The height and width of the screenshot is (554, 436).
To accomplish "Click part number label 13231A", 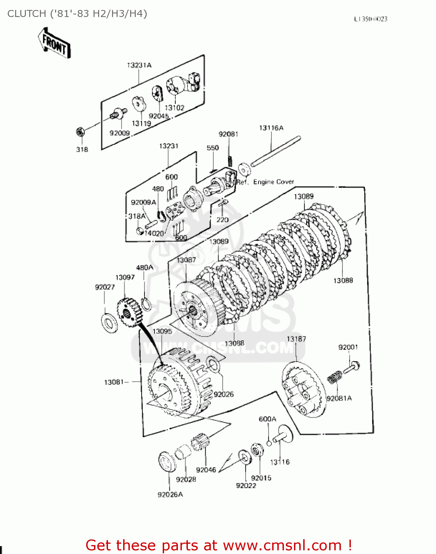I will point(139,65).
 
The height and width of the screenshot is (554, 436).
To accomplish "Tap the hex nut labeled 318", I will point(80,131).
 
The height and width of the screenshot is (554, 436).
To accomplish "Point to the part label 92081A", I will point(339,399).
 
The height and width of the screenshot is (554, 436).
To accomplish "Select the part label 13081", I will point(114,382).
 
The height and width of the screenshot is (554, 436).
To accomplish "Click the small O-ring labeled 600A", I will point(269,443).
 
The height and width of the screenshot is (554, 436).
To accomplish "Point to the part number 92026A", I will point(170,495).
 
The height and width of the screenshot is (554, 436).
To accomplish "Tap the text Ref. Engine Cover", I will point(265,182).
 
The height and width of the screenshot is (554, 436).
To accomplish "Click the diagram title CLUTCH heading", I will point(77,14).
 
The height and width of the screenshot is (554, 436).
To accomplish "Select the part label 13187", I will point(296,339).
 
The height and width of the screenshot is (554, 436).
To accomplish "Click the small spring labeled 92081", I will point(230,161).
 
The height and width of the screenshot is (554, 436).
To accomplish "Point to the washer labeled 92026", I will point(212,364).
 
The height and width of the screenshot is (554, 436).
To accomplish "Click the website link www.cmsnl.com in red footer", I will point(283,546).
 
